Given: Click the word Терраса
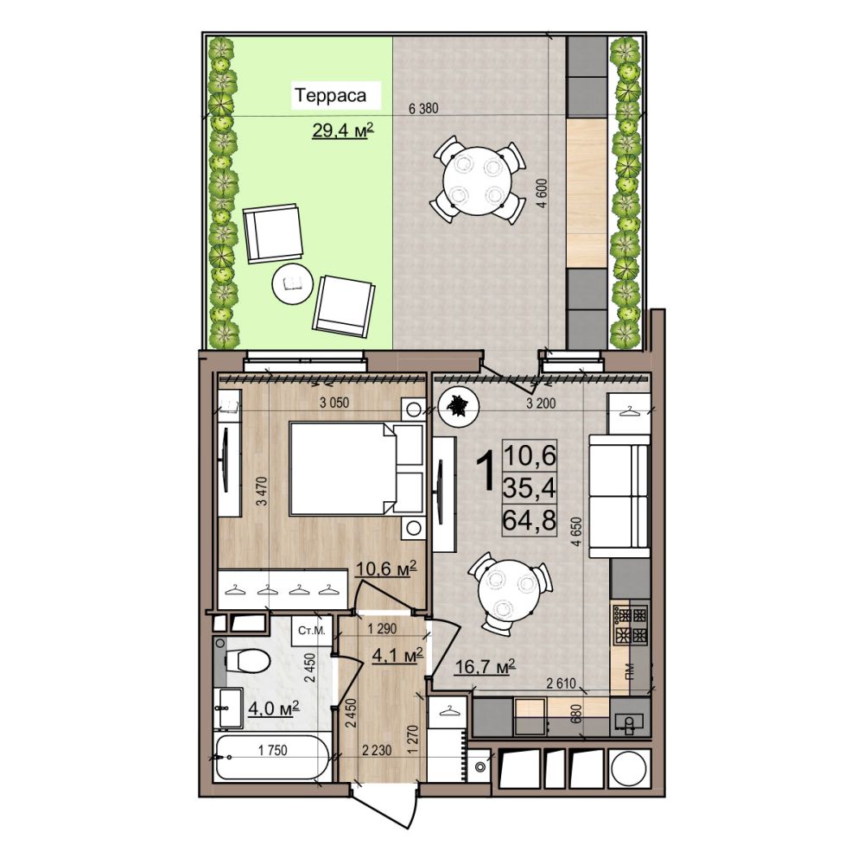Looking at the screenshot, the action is (x=330, y=95).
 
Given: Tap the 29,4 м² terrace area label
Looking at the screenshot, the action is (x=343, y=130).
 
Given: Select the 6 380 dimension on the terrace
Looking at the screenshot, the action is (x=423, y=109).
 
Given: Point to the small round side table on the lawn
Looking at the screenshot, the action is (x=293, y=283).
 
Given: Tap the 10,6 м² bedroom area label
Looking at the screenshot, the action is (x=385, y=569).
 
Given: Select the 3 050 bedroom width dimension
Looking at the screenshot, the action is (x=334, y=403).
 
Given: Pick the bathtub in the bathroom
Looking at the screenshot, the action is (x=273, y=758).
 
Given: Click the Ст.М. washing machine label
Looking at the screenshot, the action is (x=312, y=630).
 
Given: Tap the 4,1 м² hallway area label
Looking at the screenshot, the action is (x=397, y=655).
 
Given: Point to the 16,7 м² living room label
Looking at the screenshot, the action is (x=485, y=666).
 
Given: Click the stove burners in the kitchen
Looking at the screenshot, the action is (x=631, y=626).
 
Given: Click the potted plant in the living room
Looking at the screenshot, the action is (x=456, y=407).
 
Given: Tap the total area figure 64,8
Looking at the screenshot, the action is (x=530, y=520).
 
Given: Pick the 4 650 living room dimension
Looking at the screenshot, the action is (x=577, y=531).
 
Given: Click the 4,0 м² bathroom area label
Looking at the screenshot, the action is (x=274, y=707).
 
